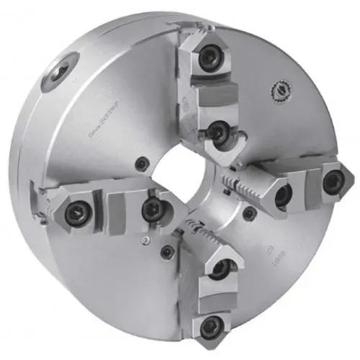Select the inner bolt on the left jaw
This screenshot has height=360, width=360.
[152, 210]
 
